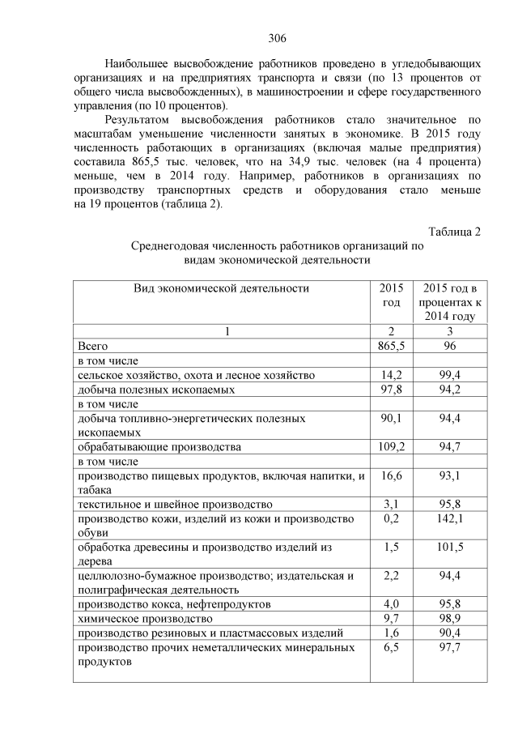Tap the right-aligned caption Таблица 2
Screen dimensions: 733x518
click(455, 232)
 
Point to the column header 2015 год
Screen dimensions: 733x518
click(390, 295)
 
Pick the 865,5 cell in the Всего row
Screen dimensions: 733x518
click(390, 346)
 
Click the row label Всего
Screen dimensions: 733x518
click(92, 346)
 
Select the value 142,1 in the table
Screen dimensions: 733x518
click(449, 518)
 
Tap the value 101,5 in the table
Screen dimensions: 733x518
click(449, 548)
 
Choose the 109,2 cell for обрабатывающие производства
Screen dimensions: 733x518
click(390, 446)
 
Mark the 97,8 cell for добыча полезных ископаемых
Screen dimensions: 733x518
click(390, 390)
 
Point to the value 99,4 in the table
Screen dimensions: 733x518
click(449, 375)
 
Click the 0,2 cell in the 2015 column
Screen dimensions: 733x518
click(390, 518)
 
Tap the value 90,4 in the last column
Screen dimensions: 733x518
click(449, 633)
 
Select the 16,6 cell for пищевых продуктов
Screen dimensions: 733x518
click(390, 475)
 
